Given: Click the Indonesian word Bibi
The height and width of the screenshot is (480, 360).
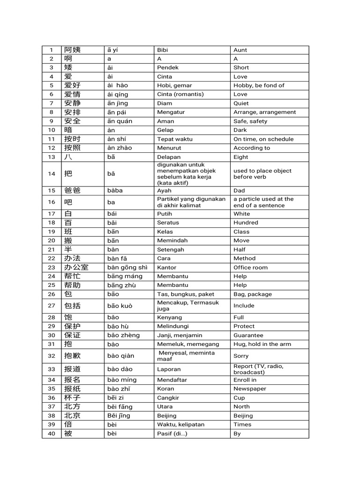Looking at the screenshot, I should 163,50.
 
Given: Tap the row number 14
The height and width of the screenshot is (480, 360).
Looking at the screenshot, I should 52,174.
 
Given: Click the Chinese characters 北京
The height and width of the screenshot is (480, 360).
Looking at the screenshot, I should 72,416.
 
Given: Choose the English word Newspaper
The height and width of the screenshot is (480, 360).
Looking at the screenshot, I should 249,389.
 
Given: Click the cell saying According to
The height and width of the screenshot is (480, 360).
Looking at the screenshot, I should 252,148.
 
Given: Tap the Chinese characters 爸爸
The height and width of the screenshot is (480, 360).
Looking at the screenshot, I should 72,191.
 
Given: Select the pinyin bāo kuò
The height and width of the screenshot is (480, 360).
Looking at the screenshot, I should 120,306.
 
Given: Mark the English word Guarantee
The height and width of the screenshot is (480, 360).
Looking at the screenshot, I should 248,335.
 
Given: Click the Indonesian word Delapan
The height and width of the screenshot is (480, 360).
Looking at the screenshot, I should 169,157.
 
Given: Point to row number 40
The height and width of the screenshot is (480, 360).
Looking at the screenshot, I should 52,434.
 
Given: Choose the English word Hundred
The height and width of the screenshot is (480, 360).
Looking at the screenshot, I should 246,223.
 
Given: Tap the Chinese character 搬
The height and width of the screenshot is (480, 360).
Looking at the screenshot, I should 68,240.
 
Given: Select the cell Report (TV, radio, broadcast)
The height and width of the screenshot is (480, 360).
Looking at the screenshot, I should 258,369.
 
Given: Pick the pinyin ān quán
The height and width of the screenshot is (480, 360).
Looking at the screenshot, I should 120,121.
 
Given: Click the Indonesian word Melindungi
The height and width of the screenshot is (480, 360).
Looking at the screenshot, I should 172,326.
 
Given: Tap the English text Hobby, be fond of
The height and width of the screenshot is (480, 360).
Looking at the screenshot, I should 259,85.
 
